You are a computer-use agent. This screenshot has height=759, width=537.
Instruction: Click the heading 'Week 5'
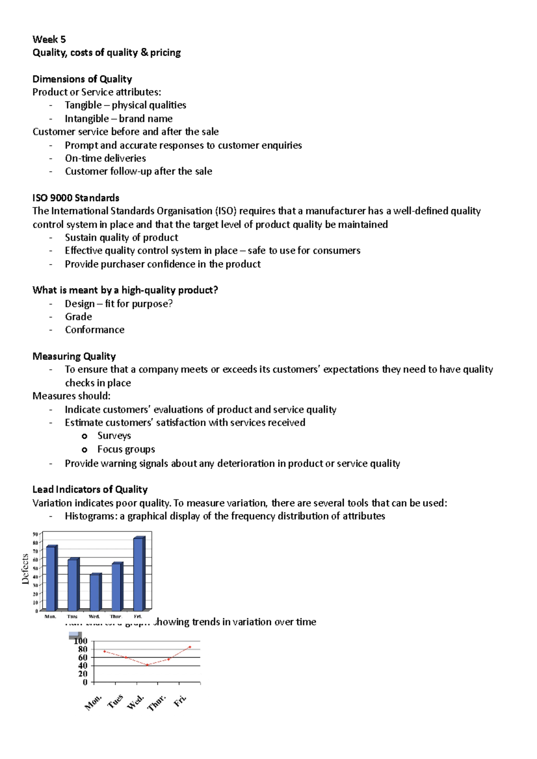[49, 39]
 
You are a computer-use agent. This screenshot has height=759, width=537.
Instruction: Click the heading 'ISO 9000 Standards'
[76, 198]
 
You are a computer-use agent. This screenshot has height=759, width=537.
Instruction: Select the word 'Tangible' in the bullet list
[83, 105]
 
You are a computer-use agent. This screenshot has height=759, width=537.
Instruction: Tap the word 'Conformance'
[94, 329]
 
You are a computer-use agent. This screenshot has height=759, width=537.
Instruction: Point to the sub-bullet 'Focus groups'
[126, 449]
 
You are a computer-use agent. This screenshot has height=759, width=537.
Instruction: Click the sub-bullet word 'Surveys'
[114, 435]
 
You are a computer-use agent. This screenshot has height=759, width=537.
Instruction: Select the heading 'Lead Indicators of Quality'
[90, 489]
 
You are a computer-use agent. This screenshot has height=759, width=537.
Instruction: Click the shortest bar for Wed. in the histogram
[95, 592]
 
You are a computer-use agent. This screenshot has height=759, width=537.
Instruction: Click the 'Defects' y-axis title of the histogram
[26, 569]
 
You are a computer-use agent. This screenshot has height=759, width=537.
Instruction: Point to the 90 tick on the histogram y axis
[35, 534]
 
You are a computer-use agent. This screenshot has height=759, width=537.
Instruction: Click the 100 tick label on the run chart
[81, 641]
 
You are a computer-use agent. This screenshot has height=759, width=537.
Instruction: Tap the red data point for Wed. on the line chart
[147, 665]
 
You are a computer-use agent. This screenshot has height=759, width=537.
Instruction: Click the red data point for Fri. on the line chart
[190, 647]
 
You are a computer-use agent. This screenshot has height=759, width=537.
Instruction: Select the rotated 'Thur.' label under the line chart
[157, 703]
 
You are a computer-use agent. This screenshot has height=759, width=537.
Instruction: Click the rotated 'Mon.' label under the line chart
[94, 703]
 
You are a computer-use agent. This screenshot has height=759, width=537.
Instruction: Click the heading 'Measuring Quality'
[74, 356]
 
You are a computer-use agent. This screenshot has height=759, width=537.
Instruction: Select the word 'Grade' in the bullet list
[78, 316]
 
